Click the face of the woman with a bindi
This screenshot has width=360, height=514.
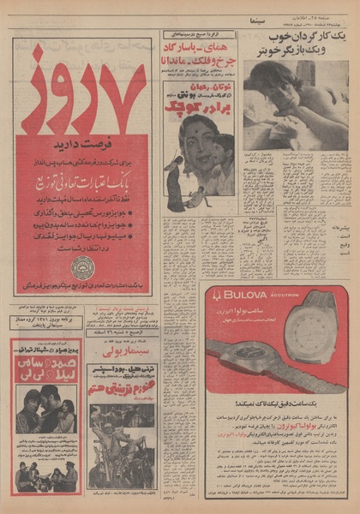[195, 139]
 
